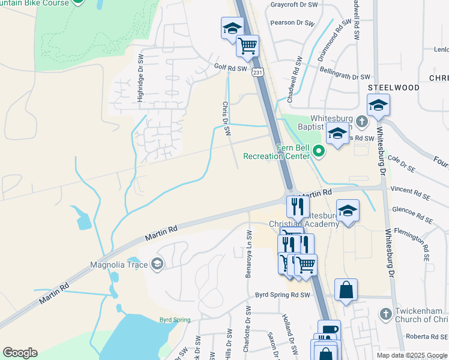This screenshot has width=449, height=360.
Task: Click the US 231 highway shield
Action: click(x=258, y=72)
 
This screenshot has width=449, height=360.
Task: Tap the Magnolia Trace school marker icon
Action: click(x=157, y=263)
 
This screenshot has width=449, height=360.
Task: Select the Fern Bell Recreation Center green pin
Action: click(x=319, y=152)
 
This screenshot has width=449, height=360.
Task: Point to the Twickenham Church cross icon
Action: click(x=385, y=314)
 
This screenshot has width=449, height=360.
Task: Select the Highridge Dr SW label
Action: click(x=140, y=83)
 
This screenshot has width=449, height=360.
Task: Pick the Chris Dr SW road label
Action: click(x=226, y=119)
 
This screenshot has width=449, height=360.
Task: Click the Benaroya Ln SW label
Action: click(x=248, y=250)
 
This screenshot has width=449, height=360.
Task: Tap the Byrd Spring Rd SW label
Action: click(x=282, y=295)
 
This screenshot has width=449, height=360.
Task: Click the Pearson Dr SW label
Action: click(x=292, y=23)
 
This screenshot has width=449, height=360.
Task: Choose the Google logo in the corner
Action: click(x=20, y=353)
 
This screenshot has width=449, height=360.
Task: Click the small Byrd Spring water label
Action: click(x=174, y=320)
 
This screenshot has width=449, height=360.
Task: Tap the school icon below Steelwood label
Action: click(x=378, y=106)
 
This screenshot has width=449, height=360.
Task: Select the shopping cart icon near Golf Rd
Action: click(x=247, y=46)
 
